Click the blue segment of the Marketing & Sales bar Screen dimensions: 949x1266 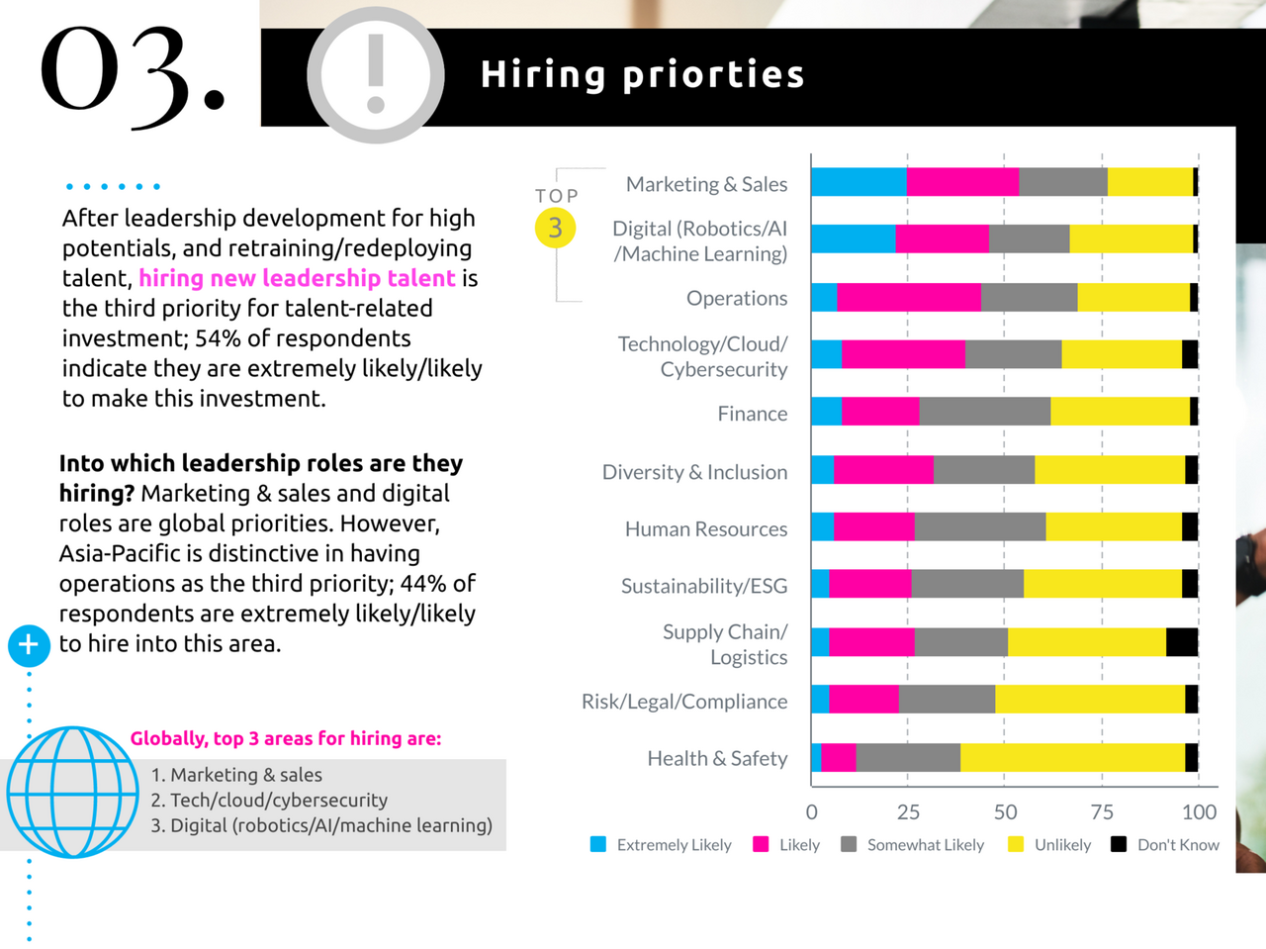tap(859, 182)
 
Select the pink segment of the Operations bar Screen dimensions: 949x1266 tap(909, 297)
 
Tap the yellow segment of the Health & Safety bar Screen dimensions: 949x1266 tap(1072, 758)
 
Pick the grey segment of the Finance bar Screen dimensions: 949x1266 tap(984, 412)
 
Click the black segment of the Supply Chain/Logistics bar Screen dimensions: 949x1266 tap(1182, 642)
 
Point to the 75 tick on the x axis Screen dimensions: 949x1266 tap(1102, 812)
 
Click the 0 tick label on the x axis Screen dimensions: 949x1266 tap(812, 812)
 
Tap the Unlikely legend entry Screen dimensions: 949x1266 tap(1049, 845)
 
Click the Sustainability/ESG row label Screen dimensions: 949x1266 tap(704, 586)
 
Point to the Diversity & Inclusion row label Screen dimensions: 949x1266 tap(694, 472)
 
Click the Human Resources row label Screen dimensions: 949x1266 tap(706, 529)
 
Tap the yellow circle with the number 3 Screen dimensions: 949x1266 tap(555, 228)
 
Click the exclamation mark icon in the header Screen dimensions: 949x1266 tap(376, 75)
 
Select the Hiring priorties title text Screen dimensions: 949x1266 tap(643, 75)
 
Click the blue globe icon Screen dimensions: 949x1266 tap(72, 792)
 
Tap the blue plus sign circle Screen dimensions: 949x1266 tap(29, 645)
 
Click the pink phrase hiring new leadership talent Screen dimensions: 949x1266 tap(297, 278)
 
